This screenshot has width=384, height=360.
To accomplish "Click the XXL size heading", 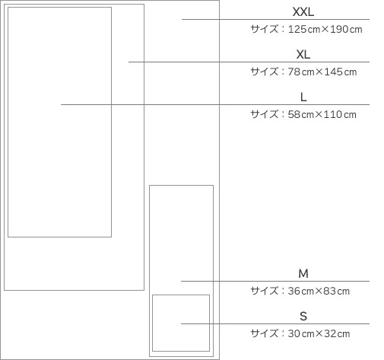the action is click(303, 12).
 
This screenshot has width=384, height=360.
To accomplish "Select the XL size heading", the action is click(303, 55).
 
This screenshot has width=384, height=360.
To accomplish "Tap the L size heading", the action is click(303, 97).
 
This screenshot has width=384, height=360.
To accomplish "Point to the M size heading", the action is click(303, 274).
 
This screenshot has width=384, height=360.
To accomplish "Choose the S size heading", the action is click(303, 317).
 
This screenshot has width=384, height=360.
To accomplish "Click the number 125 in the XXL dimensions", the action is click(297, 29).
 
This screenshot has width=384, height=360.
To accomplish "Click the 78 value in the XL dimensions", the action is click(294, 72).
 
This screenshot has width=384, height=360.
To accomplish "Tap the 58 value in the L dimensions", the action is click(294, 114).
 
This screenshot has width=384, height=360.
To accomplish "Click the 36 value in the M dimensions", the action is click(294, 291).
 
